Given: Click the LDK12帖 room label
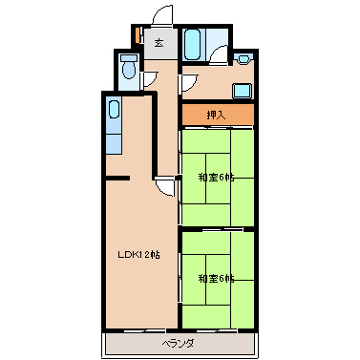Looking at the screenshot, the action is (138, 255).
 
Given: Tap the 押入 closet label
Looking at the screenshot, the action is (217, 115).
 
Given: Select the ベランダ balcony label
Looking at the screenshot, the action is (178, 344).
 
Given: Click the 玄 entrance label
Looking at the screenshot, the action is (159, 42).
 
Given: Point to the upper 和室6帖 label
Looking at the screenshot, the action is (217, 178).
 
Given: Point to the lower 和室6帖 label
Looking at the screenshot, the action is (217, 279).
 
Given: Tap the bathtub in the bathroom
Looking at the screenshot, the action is (193, 44).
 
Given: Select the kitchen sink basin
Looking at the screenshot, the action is (115, 109).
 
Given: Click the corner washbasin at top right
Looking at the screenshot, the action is (244, 59).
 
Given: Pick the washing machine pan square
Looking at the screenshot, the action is (243, 91).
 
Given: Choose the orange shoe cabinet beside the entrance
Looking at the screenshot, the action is (138, 35).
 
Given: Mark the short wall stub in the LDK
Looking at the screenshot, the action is (117, 179).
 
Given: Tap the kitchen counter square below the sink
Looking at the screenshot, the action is (114, 144).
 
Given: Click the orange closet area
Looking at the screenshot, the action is (218, 115).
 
